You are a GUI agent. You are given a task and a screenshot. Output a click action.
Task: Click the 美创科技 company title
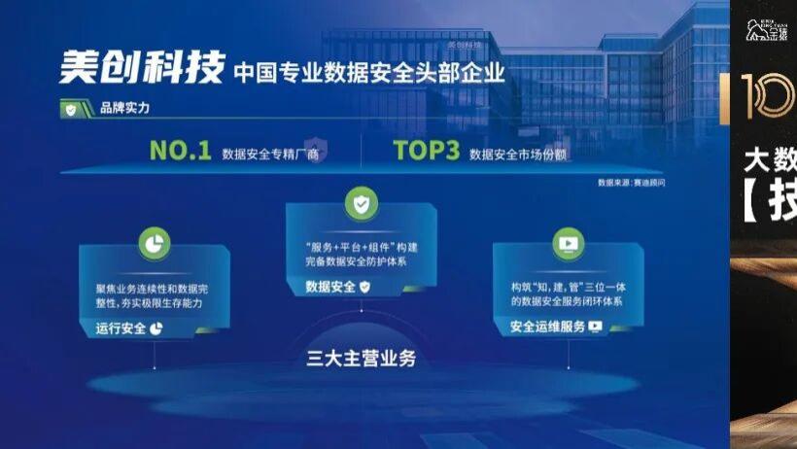point(140,67)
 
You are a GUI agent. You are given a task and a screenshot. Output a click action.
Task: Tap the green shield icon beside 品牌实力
point(71,110)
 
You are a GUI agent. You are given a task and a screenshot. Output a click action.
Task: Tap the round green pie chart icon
point(154,243)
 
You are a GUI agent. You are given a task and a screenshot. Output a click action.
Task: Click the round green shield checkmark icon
point(361,204)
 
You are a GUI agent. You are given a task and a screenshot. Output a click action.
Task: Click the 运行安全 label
point(121,328)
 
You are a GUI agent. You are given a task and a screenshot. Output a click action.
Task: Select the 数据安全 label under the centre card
point(331,287)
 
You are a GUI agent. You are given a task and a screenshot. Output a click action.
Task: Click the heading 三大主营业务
point(361,359)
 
